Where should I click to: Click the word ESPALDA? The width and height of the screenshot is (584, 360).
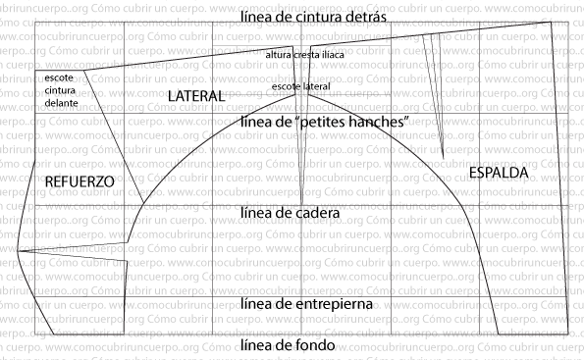(499, 173)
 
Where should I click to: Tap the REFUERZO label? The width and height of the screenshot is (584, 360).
(80, 182)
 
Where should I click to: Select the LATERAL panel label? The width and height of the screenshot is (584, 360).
(195, 96)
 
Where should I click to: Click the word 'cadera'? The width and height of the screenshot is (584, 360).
(317, 212)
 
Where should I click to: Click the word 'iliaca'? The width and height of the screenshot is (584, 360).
(334, 55)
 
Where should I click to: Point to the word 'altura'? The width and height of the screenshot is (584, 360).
(280, 55)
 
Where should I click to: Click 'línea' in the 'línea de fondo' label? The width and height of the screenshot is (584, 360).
(255, 346)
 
